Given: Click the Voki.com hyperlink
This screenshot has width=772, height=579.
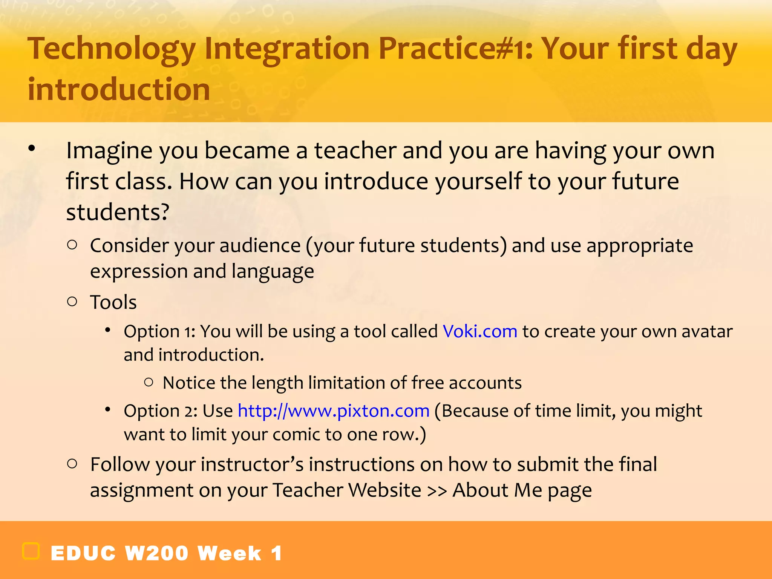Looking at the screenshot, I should [479, 332].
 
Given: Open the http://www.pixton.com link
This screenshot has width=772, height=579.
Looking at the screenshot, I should [334, 411].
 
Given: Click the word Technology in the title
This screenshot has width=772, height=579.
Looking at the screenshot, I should [112, 49].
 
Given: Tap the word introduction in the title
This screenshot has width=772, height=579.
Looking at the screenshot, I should [119, 90].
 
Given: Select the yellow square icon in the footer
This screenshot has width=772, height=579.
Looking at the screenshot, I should [31, 551].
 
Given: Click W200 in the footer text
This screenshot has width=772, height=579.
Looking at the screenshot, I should [156, 553].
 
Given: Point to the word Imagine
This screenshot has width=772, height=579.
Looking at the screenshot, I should [110, 151].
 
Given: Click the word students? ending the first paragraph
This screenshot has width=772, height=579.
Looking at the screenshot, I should [118, 212].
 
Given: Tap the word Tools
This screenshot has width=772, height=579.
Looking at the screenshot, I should [113, 302].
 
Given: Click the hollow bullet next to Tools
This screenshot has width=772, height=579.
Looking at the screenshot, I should [72, 301].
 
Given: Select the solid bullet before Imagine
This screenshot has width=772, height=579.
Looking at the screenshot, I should [32, 148].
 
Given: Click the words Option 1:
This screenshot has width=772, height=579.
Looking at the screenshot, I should [159, 332].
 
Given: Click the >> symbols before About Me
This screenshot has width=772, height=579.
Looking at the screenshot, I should [437, 490].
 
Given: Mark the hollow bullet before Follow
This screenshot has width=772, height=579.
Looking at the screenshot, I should [72, 463].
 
